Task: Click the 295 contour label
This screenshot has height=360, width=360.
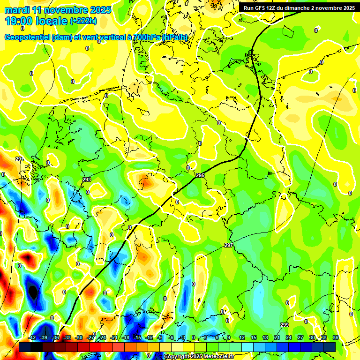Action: click(x=200, y=175)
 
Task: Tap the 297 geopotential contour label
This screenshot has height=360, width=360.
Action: click(x=228, y=245)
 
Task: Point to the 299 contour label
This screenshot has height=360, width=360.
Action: click(x=285, y=325)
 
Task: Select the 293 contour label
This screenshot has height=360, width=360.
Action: click(x=87, y=180)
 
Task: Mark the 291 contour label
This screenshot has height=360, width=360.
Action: click(x=19, y=159)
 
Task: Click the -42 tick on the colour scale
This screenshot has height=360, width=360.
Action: click(x=33, y=337)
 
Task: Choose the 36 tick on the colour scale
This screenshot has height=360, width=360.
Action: click(x=336, y=337)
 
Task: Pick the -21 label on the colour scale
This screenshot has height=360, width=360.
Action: click(x=114, y=337)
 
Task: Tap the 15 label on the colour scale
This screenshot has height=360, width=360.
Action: click(x=254, y=337)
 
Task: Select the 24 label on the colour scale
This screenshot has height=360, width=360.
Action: click(x=289, y=337)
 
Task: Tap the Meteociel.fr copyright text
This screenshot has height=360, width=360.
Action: click(x=199, y=357)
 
